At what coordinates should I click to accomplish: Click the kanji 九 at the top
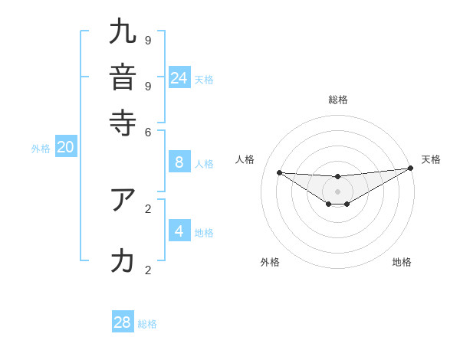tap(123, 32)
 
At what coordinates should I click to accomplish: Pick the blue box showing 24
tap(179, 77)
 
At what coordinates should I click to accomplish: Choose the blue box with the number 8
tap(179, 162)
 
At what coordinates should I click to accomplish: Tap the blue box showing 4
tap(179, 231)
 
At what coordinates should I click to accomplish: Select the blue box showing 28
tap(123, 322)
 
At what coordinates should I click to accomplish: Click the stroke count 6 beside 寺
tap(148, 131)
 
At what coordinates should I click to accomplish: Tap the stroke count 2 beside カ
tap(148, 269)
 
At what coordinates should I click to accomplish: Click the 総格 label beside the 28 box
tap(147, 324)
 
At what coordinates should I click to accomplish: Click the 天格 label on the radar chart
tap(431, 159)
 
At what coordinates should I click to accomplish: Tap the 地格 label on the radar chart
tap(402, 262)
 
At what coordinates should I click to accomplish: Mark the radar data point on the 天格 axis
tap(410, 168)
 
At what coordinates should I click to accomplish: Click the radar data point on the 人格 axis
tap(279, 172)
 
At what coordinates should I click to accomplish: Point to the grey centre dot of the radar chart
tap(337, 191)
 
